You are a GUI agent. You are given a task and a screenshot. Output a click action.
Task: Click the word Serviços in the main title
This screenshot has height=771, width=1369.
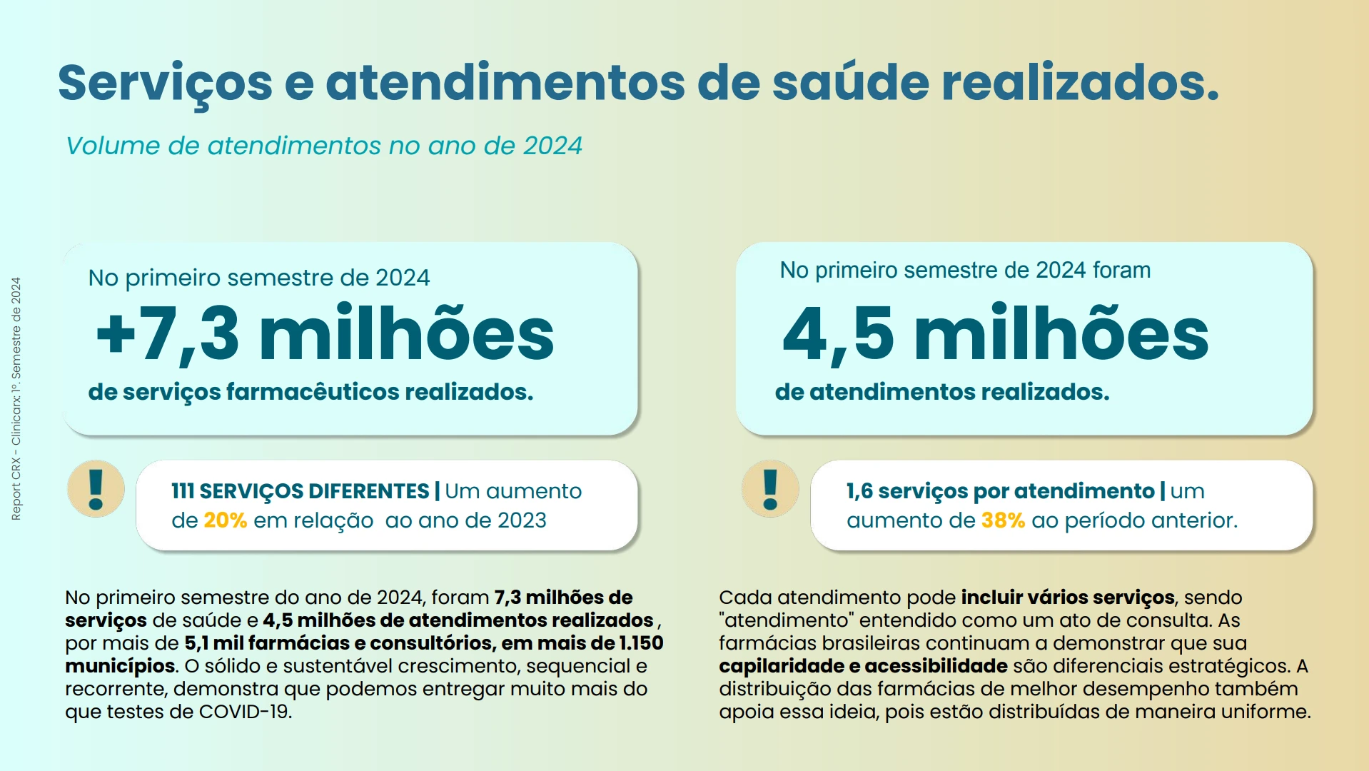[165, 83]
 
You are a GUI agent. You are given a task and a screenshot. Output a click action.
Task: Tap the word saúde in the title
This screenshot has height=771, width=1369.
[850, 83]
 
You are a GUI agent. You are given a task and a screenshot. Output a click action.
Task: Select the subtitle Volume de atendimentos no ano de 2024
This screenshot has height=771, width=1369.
[324, 146]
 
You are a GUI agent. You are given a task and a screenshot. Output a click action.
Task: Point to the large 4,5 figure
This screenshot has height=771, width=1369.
[838, 334]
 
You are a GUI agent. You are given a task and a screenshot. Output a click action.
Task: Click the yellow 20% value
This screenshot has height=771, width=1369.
[225, 520]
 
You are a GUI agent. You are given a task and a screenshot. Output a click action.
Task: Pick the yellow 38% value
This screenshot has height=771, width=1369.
[1003, 520]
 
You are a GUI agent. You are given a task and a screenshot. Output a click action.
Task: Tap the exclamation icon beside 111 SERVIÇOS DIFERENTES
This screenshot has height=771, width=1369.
[96, 489]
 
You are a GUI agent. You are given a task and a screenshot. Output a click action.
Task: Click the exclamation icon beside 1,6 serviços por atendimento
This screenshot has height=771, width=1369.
[770, 489]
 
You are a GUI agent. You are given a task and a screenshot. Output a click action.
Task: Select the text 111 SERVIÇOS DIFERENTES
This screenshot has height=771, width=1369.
[300, 491]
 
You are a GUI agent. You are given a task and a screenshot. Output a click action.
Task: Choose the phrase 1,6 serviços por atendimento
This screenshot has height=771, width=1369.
[1000, 491]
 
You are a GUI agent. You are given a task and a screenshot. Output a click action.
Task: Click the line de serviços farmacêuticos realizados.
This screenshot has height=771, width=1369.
[310, 392]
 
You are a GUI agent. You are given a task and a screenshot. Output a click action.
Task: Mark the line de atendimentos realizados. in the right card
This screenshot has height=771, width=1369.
[942, 392]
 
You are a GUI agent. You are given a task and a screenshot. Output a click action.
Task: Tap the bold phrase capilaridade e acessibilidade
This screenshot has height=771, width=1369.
[863, 666]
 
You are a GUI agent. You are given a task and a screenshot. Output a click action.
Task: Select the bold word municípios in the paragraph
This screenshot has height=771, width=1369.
[120, 666]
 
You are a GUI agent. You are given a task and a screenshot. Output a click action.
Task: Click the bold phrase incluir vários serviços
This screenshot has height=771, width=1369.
[1068, 598]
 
